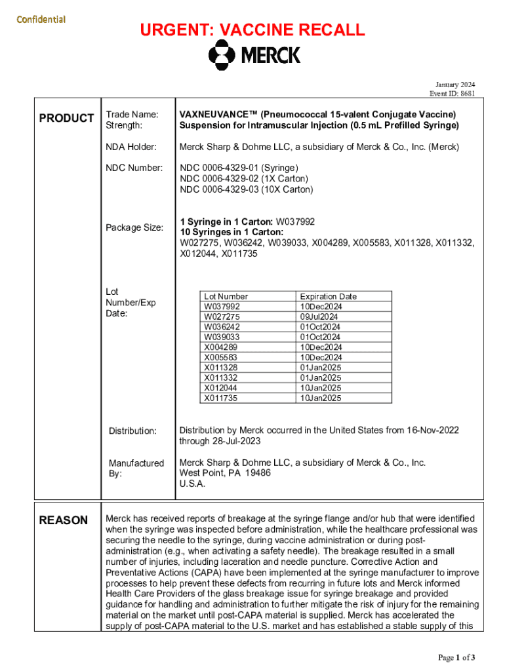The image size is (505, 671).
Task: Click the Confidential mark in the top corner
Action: pyautogui.click(x=41, y=18)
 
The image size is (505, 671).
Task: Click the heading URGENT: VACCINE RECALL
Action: pyautogui.click(x=252, y=29)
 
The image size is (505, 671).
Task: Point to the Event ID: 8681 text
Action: pyautogui.click(x=453, y=94)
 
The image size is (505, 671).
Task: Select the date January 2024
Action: pyautogui.click(x=455, y=85)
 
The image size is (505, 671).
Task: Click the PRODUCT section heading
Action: pyautogui.click(x=66, y=118)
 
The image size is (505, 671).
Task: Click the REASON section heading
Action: pyautogui.click(x=64, y=520)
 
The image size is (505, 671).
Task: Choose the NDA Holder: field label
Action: pyautogui.click(x=131, y=147)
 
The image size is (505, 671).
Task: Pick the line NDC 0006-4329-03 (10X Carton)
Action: pyautogui.click(x=247, y=189)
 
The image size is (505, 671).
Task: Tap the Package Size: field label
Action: pyautogui.click(x=134, y=227)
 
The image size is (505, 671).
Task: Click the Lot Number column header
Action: pyautogui.click(x=226, y=296)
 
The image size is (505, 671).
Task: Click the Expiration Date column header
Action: pyautogui.click(x=328, y=296)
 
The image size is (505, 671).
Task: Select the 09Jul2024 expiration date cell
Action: pyautogui.click(x=319, y=316)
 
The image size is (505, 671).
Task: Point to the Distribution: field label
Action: pyautogui.click(x=132, y=431)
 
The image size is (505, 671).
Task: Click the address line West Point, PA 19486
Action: pyautogui.click(x=225, y=473)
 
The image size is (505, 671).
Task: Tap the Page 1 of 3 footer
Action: pyautogui.click(x=456, y=657)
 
